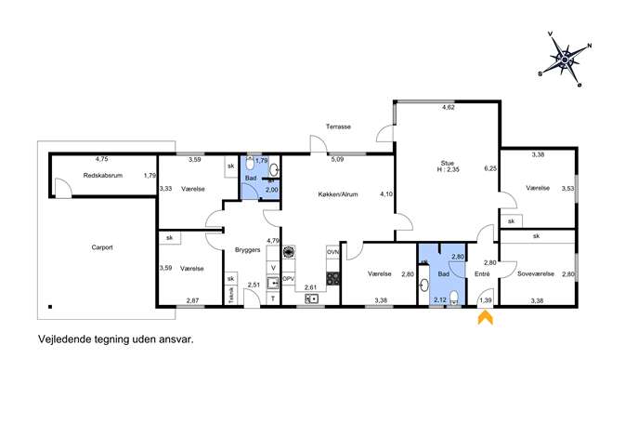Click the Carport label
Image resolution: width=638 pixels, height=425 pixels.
click(x=102, y=247)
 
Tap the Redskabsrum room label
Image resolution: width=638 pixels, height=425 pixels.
click(x=102, y=176)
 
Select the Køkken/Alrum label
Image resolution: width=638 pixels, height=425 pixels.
click(x=338, y=194)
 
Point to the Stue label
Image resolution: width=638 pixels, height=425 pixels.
click(x=448, y=163)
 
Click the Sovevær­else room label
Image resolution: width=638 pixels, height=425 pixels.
click(x=536, y=273)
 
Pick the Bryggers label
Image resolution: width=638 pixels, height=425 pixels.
click(x=247, y=250)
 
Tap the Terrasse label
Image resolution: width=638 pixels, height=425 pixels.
click(x=338, y=126)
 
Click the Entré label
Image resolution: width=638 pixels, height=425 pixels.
click(x=482, y=274)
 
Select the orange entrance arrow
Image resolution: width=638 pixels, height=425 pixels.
click(x=486, y=318)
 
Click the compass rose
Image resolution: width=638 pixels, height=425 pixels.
click(x=565, y=60)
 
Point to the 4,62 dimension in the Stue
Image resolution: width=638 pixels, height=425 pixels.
click(x=448, y=108)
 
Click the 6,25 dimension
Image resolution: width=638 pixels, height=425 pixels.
click(x=490, y=168)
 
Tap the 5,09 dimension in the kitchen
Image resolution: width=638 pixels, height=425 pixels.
click(x=337, y=159)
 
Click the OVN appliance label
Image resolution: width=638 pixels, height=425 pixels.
click(x=332, y=253)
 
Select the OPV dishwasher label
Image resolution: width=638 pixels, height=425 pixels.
click(x=288, y=279)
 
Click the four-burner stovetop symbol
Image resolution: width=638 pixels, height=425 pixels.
click(x=332, y=278)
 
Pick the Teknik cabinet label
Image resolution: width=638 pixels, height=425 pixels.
click(x=231, y=295)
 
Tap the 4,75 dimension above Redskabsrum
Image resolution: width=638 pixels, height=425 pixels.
click(x=102, y=159)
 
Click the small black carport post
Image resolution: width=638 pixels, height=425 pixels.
click(x=49, y=306)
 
